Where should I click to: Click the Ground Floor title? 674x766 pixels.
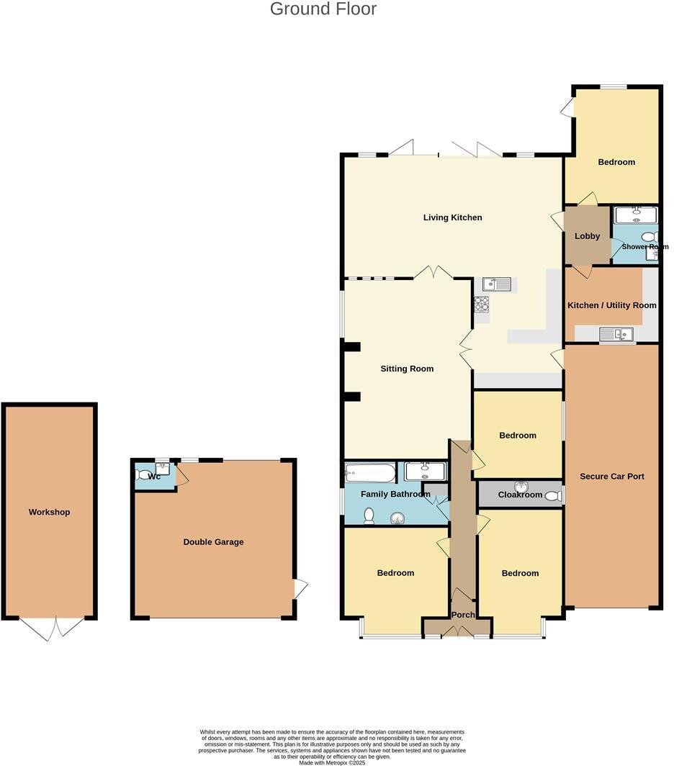323,9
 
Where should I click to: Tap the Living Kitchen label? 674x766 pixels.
452,217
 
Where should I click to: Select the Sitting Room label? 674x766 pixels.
407,369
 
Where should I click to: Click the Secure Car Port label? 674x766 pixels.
611,477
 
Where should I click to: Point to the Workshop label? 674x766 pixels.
49,512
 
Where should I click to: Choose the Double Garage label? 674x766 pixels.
213,542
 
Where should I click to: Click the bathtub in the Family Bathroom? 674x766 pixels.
370,473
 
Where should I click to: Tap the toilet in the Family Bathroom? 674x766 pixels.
369,515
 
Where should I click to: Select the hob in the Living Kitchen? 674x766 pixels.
481,305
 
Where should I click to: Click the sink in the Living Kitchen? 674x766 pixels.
497,284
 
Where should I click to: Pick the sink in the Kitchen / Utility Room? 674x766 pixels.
616,333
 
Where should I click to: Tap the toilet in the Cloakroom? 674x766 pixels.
552,495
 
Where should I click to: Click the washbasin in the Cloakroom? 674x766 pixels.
521,487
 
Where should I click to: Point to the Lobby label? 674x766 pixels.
587,236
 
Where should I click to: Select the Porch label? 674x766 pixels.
463,615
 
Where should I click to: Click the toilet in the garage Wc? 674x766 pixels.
142,474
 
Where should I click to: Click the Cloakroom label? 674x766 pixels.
520,495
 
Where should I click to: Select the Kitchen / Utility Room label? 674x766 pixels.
612,305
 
